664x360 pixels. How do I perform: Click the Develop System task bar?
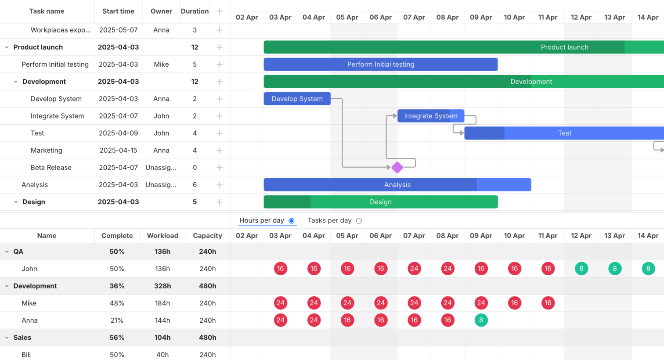[x=297, y=99]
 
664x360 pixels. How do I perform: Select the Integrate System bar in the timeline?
[x=430, y=116]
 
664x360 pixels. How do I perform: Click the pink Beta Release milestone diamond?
[x=397, y=167]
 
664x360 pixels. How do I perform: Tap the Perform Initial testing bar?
[x=380, y=65]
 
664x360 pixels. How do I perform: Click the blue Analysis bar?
[x=397, y=185]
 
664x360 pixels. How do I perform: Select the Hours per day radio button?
[x=292, y=221]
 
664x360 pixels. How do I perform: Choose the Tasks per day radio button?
[x=359, y=221]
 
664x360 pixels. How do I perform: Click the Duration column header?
[x=195, y=11]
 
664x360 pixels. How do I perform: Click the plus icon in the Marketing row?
[x=220, y=151]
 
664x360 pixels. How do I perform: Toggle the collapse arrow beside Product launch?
[x=7, y=47]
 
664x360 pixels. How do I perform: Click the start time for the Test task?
[x=118, y=133]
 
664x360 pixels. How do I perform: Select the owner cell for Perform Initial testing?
[x=161, y=65]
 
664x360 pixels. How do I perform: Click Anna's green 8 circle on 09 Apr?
[x=481, y=320]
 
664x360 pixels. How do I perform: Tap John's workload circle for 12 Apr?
[x=581, y=269]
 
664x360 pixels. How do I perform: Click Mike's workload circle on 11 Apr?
[x=548, y=303]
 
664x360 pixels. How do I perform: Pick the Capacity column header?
[x=207, y=236]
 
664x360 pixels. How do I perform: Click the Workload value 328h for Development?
[x=162, y=286]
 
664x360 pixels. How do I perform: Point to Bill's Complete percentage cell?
[x=117, y=355]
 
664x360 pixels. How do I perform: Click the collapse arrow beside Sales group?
[x=7, y=338]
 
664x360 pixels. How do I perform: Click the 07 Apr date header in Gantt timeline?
[x=414, y=17]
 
